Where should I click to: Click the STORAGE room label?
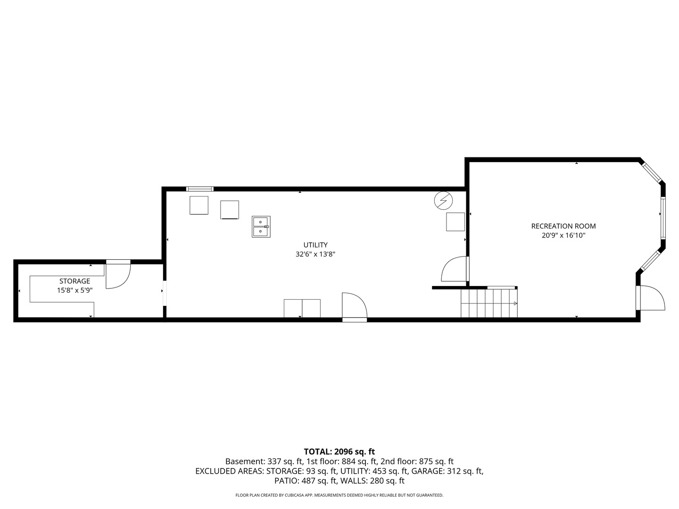[x=75, y=281]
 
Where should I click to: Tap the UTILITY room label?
[x=315, y=245]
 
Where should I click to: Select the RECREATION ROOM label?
[x=563, y=226]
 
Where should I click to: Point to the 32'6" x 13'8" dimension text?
[x=315, y=254]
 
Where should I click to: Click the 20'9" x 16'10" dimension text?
[x=563, y=235]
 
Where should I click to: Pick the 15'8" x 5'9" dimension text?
[x=75, y=290]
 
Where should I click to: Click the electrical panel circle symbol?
[x=443, y=201]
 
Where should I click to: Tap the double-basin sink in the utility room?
[x=261, y=227]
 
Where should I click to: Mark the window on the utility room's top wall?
[x=200, y=189]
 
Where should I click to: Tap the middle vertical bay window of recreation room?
[x=662, y=218]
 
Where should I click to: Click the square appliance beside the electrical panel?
[x=455, y=222]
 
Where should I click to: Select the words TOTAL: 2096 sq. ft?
[x=339, y=452]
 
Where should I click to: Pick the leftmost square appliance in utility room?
[x=199, y=205]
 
